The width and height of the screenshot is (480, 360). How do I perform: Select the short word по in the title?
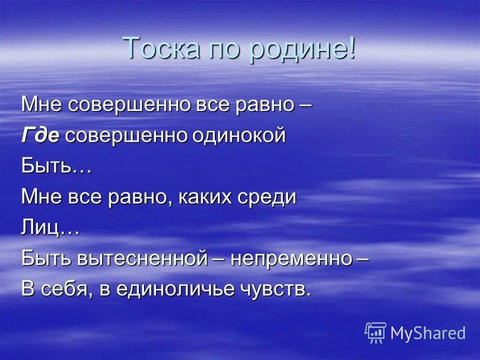point(228,48)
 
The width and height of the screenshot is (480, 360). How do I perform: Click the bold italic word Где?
point(40,136)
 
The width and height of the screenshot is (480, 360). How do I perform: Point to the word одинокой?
point(238,136)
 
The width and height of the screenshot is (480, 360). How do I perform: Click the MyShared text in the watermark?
point(428,333)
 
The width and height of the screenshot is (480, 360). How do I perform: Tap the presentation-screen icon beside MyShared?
point(376,332)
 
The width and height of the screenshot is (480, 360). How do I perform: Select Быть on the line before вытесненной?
point(46,259)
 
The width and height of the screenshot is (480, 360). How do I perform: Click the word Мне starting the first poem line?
point(42,105)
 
